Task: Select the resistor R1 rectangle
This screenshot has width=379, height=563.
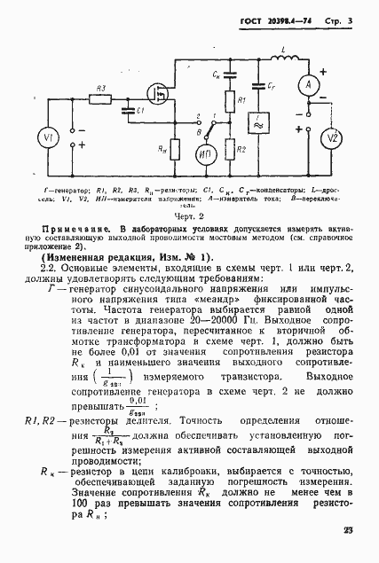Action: tap(229, 102)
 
